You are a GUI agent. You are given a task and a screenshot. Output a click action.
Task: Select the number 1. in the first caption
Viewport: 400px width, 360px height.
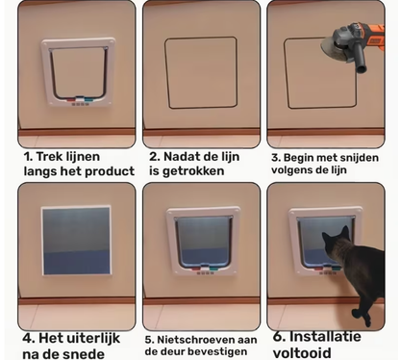tap(29, 154)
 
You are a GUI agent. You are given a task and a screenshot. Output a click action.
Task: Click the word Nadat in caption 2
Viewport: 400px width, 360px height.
tap(187, 155)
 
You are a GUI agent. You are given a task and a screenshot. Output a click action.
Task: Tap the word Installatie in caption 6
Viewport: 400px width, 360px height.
tap(340, 337)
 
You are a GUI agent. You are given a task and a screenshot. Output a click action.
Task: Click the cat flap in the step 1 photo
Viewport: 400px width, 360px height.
tap(78, 71)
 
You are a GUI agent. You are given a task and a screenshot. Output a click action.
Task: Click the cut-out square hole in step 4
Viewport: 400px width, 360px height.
tap(76, 242)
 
